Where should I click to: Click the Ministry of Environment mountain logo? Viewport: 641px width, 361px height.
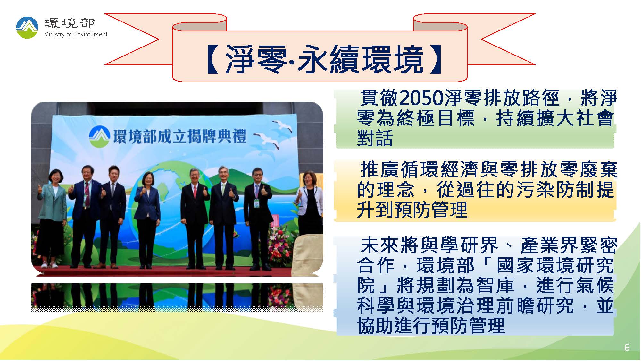(27, 28)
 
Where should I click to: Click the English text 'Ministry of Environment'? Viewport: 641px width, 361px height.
(76, 34)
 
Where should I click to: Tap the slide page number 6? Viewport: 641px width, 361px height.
(627, 348)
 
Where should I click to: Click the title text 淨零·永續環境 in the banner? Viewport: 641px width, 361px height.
(324, 60)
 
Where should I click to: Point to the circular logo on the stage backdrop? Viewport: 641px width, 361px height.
(99, 136)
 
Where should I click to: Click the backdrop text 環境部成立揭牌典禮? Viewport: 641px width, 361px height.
(179, 136)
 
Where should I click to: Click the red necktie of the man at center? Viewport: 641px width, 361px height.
(195, 192)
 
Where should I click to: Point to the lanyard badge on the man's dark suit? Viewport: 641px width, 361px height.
(257, 203)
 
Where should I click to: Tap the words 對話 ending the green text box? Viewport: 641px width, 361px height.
(375, 138)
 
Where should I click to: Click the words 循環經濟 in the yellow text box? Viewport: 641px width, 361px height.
(441, 170)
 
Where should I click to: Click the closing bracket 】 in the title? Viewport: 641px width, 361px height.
(435, 60)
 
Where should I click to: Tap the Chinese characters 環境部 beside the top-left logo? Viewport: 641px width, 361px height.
(70, 23)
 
